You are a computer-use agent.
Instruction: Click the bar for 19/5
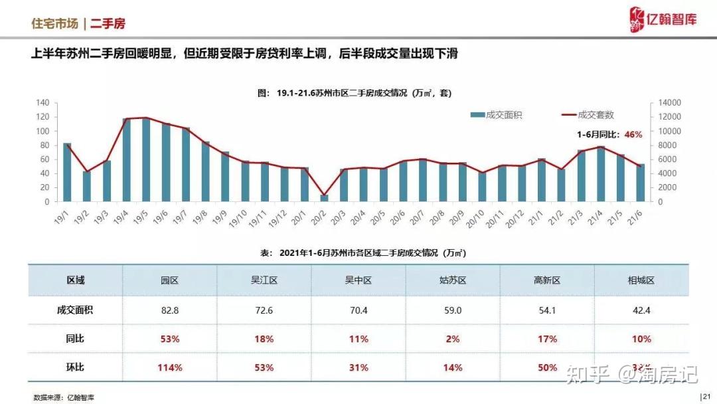146,159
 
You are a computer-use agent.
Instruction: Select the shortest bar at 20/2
324,197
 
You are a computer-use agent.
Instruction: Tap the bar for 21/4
601,173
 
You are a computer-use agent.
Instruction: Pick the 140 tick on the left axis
42,102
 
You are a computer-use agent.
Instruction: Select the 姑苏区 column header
453,280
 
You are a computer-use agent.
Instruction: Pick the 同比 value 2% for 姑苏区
453,339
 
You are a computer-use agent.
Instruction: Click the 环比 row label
75,367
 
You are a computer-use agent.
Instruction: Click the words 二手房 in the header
108,24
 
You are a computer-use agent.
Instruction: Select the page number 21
706,397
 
